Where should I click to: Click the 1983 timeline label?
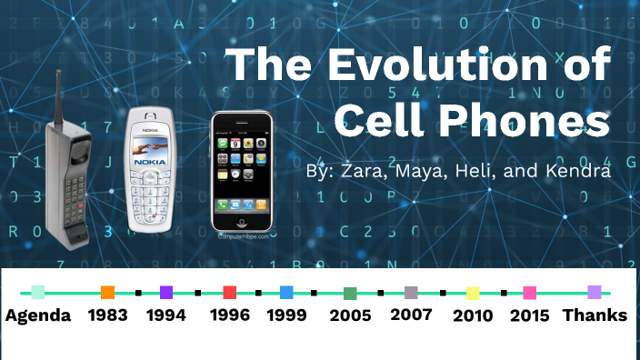point(106,315)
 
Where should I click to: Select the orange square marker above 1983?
point(107,293)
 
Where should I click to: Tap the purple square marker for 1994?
point(166,293)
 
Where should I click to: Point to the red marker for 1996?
point(230,293)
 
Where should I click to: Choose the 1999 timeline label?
point(286,315)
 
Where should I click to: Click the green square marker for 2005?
point(350,293)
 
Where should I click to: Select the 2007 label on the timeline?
point(411,315)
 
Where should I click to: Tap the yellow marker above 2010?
point(473,293)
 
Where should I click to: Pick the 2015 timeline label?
point(529,315)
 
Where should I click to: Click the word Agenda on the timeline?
point(37,315)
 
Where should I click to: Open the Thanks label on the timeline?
point(595,315)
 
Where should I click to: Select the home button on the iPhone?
point(242,221)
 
